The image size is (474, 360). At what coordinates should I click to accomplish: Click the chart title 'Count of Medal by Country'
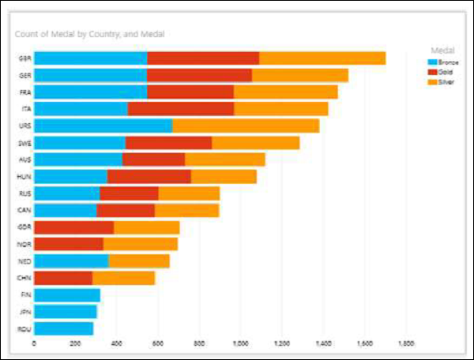tap(88, 34)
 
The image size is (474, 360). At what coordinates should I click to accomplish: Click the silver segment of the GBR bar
tap(322, 58)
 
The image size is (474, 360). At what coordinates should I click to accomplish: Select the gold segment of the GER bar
tap(199, 75)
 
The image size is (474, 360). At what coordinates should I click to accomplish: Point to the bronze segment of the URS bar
tap(103, 126)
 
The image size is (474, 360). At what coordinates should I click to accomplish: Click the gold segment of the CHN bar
tap(63, 278)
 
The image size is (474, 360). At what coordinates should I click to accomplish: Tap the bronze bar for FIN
tap(67, 295)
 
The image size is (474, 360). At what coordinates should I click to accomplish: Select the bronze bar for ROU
tap(64, 328)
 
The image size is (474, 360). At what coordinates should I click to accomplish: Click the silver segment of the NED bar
tap(139, 261)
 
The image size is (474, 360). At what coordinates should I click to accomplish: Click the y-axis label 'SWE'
tap(24, 143)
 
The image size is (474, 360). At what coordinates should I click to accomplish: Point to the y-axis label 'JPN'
tap(24, 312)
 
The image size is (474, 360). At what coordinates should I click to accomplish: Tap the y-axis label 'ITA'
tap(24, 109)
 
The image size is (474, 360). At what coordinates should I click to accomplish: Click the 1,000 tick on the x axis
tap(241, 345)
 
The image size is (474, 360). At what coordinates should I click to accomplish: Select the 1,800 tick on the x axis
tap(406, 345)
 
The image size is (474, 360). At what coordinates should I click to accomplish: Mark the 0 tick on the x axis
tap(34, 345)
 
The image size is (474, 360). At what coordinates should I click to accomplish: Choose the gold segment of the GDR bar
tap(74, 227)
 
